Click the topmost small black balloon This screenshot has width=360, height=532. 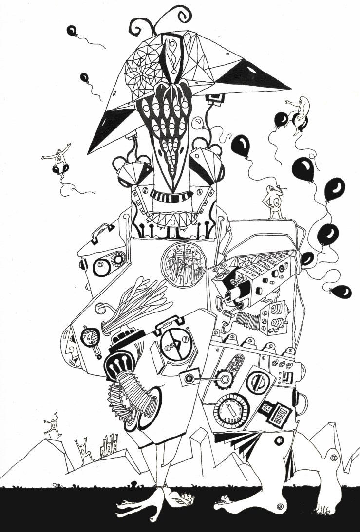[x=72, y=31]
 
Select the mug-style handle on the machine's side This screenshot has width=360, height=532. [x=303, y=402]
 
